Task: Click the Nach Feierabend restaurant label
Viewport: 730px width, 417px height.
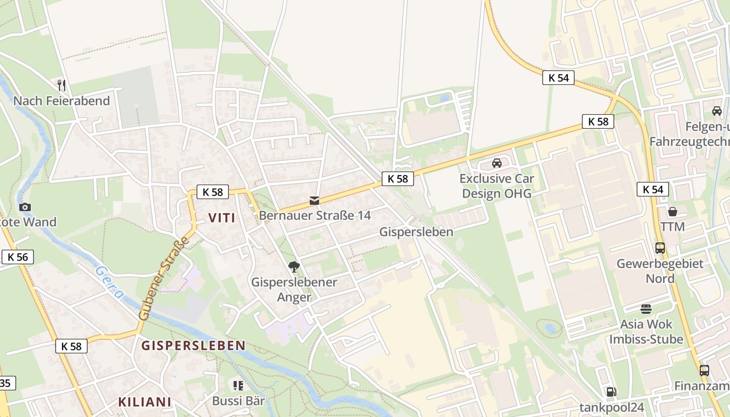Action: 62,101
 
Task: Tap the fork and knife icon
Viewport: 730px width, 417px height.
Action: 62,85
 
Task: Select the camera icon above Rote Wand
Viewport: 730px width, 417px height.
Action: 25,207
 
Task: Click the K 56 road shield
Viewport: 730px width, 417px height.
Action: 18,257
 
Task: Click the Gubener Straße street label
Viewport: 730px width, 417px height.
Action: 164,278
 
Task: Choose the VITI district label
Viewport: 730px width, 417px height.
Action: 222,218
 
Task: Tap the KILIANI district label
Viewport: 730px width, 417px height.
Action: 145,402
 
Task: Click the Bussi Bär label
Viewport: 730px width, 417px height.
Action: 238,401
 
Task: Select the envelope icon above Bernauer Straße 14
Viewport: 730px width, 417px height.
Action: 314,201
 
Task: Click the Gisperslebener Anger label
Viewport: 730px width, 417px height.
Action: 294,290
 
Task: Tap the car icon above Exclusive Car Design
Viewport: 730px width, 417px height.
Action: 497,163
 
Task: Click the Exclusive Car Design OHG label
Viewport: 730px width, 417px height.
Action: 497,186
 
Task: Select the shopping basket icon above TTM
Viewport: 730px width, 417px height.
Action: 673,212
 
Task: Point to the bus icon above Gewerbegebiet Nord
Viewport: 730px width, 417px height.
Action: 660,248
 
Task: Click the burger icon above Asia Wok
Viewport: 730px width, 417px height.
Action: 646,309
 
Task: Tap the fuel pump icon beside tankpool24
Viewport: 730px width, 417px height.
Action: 611,392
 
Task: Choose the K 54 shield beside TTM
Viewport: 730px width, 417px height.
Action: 652,189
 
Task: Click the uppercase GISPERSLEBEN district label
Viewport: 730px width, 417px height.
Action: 193,346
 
